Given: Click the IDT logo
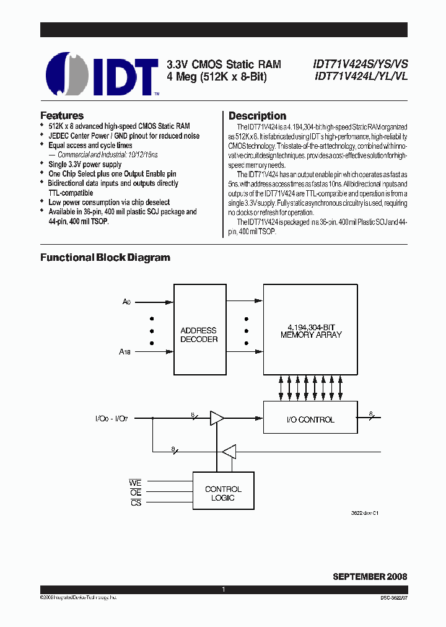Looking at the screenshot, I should (102, 74).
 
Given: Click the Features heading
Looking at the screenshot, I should (62, 115).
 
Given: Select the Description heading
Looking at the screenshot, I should (257, 116).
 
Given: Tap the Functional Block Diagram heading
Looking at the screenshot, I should (105, 257).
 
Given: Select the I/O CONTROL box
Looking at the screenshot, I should (310, 419).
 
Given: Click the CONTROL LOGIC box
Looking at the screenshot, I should (223, 493).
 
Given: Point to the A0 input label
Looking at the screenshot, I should (127, 302).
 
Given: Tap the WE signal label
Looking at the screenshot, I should (135, 483).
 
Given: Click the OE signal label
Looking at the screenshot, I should (136, 493).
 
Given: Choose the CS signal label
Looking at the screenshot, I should (136, 502).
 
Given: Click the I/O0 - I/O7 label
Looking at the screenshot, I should (113, 419).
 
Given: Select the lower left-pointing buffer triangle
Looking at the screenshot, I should (229, 451).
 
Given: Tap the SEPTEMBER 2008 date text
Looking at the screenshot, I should (370, 576).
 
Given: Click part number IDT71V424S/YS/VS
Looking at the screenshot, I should (361, 64).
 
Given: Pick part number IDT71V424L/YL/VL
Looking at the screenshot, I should (360, 76).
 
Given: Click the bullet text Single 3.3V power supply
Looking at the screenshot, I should (85, 165).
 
